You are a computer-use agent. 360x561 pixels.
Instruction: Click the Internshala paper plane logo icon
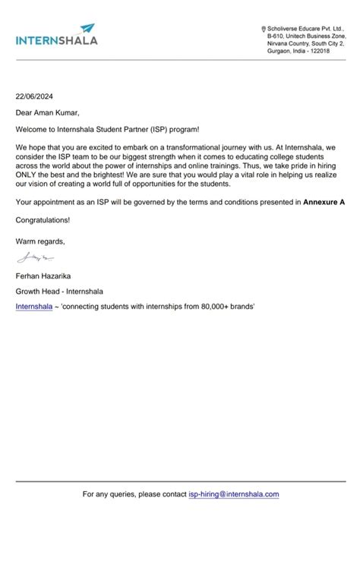(x=88, y=28)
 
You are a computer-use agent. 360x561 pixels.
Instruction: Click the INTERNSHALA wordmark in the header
(x=56, y=40)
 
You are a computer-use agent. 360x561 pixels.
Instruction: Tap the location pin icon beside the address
(x=264, y=28)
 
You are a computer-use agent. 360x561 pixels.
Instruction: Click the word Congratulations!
(x=43, y=220)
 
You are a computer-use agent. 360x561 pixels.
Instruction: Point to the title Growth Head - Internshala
(x=59, y=291)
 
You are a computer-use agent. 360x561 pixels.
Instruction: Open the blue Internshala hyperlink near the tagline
(x=34, y=306)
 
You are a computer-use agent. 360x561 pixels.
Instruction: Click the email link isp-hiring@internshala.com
(x=234, y=494)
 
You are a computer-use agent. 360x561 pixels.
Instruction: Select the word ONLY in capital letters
(x=28, y=174)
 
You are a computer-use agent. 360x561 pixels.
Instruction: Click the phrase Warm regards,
(x=40, y=241)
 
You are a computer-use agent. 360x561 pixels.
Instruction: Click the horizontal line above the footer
(x=180, y=481)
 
